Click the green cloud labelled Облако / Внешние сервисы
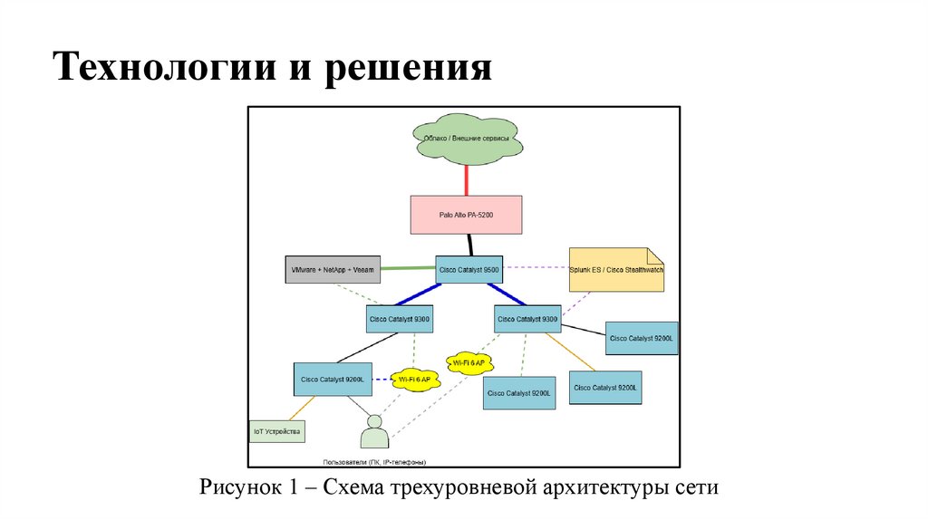tap(467, 140)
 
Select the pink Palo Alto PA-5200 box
tap(467, 215)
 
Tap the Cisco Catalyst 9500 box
tap(469, 268)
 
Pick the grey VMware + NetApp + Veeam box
tap(332, 269)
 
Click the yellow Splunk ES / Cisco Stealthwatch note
tap(616, 269)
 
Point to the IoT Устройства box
tap(276, 431)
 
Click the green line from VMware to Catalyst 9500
tap(408, 268)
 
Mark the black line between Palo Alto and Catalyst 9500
tap(470, 244)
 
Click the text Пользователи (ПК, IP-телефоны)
tap(375, 461)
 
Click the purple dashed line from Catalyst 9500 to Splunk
tap(535, 267)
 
